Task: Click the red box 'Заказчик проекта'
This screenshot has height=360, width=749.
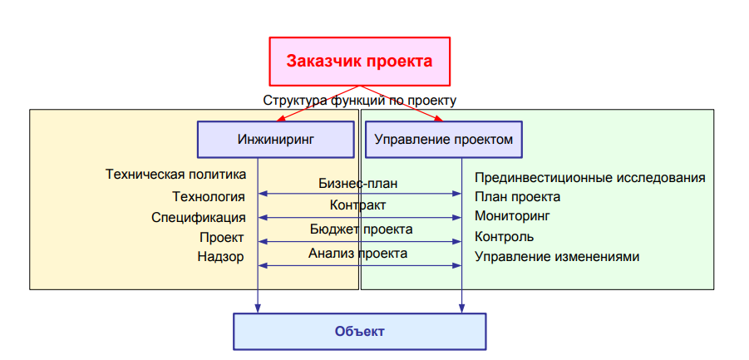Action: pos(360,62)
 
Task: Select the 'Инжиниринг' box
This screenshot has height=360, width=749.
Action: pos(276,140)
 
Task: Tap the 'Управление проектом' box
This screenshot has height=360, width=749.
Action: pos(444,140)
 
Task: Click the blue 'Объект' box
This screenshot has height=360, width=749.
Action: pos(360,332)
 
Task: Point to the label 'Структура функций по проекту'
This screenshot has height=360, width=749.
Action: pos(360,101)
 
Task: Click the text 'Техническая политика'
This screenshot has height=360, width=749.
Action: pos(175,175)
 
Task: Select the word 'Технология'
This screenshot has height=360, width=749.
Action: pos(209,197)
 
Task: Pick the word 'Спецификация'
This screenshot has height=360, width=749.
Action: pos(199,218)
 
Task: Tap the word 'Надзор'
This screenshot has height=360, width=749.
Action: pos(220,257)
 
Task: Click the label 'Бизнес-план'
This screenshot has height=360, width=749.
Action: pos(357,184)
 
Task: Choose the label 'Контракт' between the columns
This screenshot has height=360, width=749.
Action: pos(357,205)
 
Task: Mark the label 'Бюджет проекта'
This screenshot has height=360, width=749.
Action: pos(361,229)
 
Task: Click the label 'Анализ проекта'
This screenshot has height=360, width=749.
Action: pos(357,253)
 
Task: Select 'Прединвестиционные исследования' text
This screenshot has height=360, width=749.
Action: pos(590,178)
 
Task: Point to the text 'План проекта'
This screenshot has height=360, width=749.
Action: pos(517,197)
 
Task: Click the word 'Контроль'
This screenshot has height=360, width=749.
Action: pos(505,236)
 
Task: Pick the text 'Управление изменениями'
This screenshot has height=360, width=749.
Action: pos(557,257)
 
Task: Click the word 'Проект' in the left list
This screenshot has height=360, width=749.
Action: pos(222,238)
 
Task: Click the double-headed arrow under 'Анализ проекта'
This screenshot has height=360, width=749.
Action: pos(360,265)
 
